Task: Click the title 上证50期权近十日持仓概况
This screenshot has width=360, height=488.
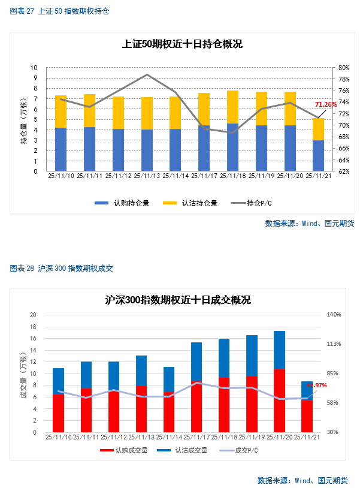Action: point(182,44)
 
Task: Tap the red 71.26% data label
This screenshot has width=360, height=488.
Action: point(326,104)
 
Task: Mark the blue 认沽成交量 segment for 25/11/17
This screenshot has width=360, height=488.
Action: point(196,362)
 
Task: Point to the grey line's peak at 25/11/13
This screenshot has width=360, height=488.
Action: point(147,75)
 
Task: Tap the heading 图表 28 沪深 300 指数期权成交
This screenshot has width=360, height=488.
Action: point(62,269)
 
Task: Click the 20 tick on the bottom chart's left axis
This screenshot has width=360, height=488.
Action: point(34,315)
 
